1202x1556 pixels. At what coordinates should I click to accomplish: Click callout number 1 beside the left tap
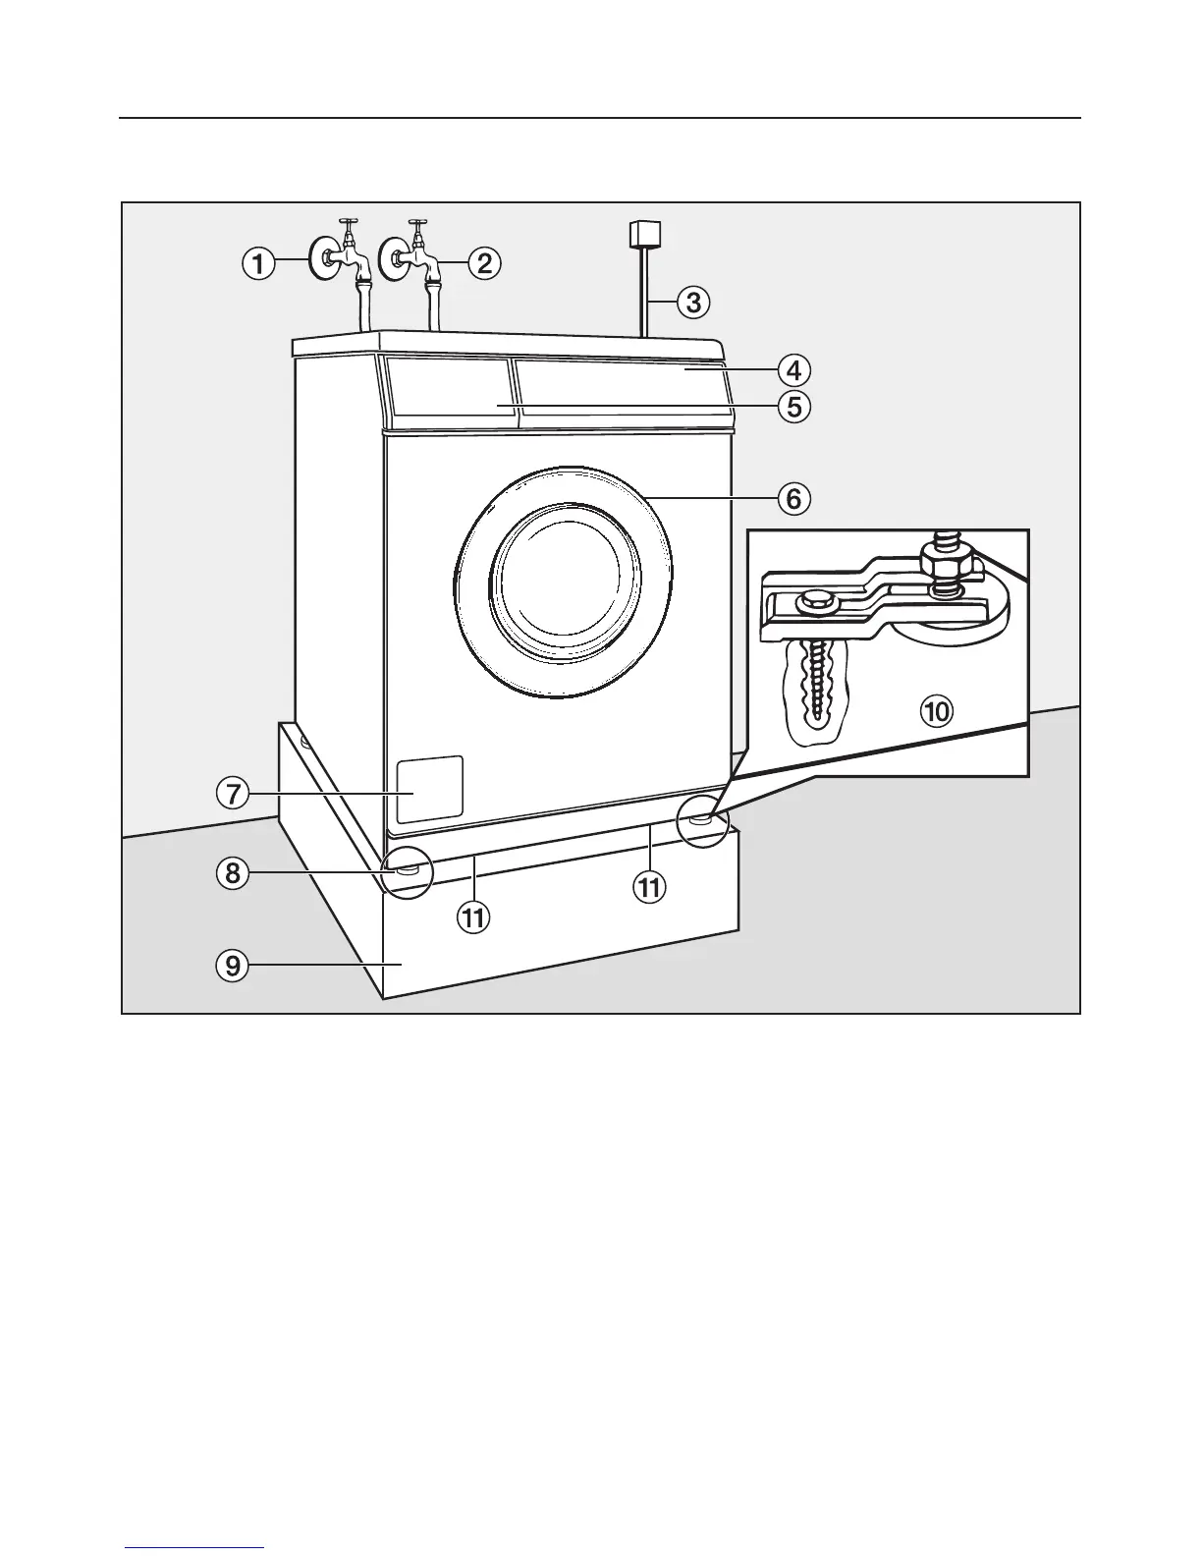(258, 262)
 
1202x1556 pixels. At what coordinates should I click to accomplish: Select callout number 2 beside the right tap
(484, 262)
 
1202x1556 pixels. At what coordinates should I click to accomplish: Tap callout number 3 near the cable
(693, 302)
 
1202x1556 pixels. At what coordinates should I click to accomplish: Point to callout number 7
(234, 793)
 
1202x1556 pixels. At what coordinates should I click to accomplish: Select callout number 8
(234, 873)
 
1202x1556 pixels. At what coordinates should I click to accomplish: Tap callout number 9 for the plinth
(234, 966)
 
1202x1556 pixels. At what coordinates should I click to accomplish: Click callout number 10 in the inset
(937, 710)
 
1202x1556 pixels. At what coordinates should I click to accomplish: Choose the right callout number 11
(648, 887)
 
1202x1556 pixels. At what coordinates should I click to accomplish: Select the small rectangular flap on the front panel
(429, 789)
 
